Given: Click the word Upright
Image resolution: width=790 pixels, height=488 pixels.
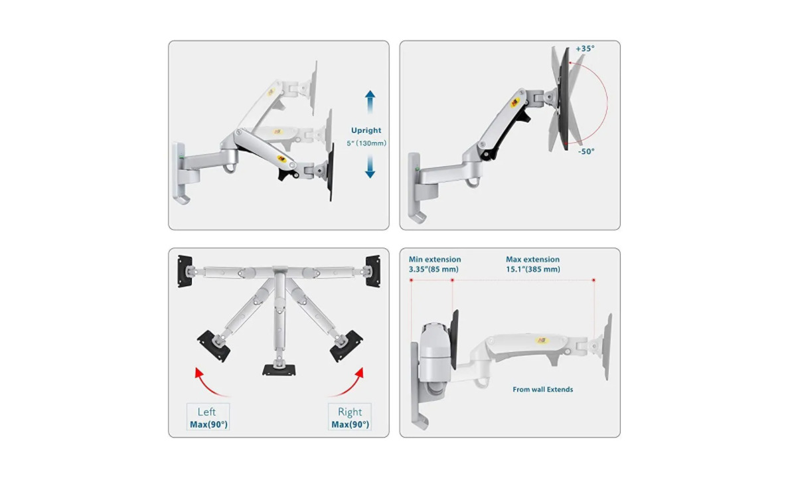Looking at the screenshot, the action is click(x=366, y=131).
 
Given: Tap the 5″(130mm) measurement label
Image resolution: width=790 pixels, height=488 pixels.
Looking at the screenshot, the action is click(x=366, y=143).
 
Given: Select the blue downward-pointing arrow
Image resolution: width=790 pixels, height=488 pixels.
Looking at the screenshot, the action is click(x=370, y=167).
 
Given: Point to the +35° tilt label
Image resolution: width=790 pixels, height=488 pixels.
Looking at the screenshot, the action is click(x=585, y=49).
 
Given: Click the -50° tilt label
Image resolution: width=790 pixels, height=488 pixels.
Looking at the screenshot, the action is click(x=586, y=151).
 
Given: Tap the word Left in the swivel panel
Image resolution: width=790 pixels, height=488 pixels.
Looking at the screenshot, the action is click(x=206, y=412).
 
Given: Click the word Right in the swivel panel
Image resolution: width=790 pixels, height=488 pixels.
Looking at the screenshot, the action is click(x=350, y=412).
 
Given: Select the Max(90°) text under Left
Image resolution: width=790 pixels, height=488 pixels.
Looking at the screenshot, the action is click(x=208, y=424).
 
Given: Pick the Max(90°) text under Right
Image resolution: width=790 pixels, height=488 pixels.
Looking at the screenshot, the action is click(x=350, y=424).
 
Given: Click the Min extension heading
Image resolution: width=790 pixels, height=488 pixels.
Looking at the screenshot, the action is click(x=435, y=260).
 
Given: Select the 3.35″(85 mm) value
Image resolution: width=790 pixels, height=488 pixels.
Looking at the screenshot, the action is click(x=434, y=270).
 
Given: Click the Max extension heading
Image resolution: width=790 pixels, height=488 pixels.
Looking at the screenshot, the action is click(x=532, y=260).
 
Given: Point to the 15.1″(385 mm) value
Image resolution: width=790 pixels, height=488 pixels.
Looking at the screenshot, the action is click(x=533, y=270).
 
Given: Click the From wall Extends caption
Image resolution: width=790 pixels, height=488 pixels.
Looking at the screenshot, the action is click(x=542, y=390).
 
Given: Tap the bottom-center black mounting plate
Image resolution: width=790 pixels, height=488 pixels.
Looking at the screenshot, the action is click(x=279, y=370).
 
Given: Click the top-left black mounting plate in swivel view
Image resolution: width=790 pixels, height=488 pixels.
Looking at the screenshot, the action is click(x=185, y=272).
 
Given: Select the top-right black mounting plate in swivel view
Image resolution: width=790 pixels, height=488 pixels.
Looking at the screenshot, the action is click(x=373, y=272).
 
